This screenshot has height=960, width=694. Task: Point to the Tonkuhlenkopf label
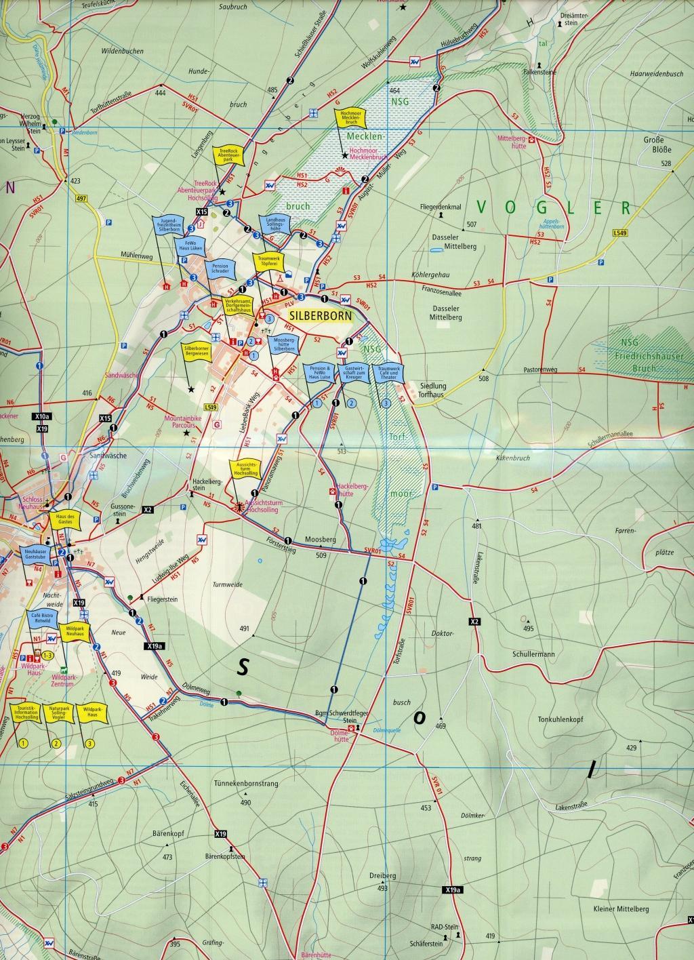pyautogui.click(x=560, y=720)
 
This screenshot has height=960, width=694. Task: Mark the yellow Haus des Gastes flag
pyautogui.click(x=65, y=520)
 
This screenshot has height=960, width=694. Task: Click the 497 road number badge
pyautogui.click(x=82, y=198)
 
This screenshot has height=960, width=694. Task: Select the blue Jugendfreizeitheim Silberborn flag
pyautogui.click(x=164, y=226)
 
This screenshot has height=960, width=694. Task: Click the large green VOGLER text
pyautogui.click(x=553, y=207)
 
